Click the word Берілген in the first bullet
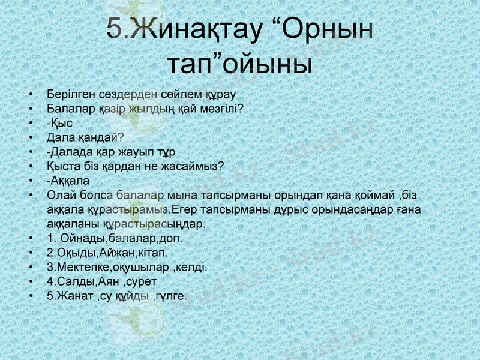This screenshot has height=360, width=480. point(71,95)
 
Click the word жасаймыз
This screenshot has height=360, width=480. point(194,166)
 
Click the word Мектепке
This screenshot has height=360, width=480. point(80,267)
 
